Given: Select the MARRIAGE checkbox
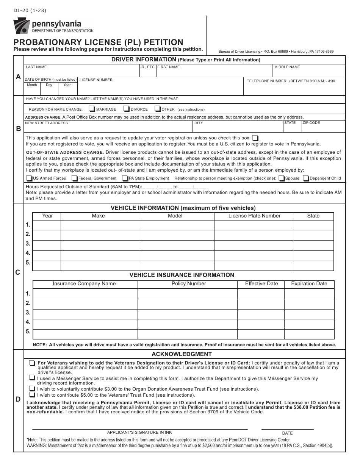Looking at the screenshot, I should pyautogui.click(x=92, y=109).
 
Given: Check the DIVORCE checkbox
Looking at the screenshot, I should pyautogui.click(x=127, y=109).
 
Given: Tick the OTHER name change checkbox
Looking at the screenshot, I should pyautogui.click(x=158, y=109).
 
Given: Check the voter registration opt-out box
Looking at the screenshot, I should pyautogui.click(x=256, y=138).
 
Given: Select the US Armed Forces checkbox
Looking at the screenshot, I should pyautogui.click(x=29, y=178).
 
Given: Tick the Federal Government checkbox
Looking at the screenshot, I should pyautogui.click(x=75, y=178).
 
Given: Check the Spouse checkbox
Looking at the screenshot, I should pyautogui.click(x=282, y=178).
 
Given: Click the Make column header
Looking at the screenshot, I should pyautogui.click(x=98, y=216).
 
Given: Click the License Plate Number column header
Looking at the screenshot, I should pyautogui.click(x=254, y=216).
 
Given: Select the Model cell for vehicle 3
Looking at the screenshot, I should pyautogui.click(x=177, y=244).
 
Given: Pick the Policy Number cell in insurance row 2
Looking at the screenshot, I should pyautogui.click(x=187, y=303).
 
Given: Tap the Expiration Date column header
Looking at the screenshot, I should pyautogui.click(x=309, y=284).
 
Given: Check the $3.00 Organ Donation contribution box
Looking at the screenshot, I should pyautogui.click(x=31, y=389).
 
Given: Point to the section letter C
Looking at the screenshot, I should pyautogui.click(x=18, y=272).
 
